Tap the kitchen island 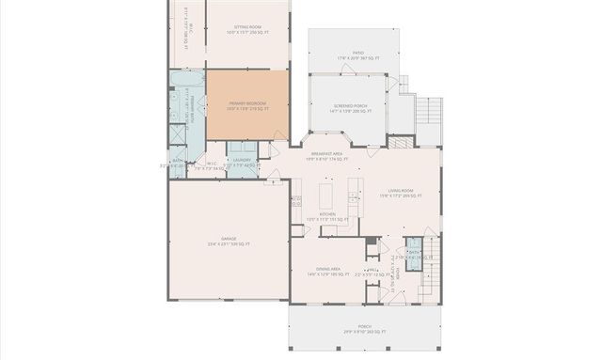click(326, 196)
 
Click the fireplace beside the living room click(399, 144)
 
